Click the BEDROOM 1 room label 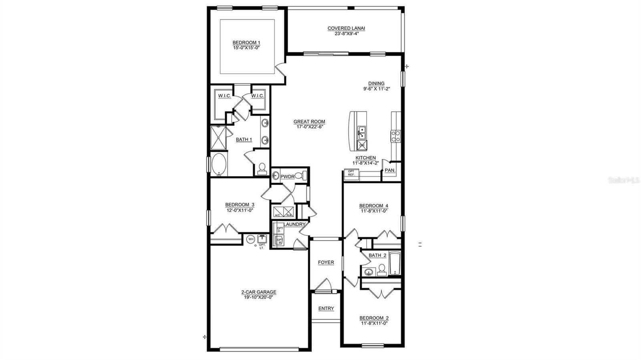pyautogui.click(x=247, y=42)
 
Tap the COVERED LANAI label pyautogui.click(x=346, y=28)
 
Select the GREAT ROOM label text pyautogui.click(x=309, y=122)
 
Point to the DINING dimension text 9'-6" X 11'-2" pyautogui.click(x=377, y=89)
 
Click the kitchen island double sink pyautogui.click(x=361, y=130)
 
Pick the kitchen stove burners pyautogui.click(x=395, y=136)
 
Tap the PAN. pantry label pyautogui.click(x=390, y=170)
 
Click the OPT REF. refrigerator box pyautogui.click(x=351, y=173)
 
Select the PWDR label pyautogui.click(x=288, y=177)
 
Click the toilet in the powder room pyautogui.click(x=304, y=175)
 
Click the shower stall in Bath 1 pyautogui.click(x=218, y=137)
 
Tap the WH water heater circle pyautogui.click(x=251, y=239)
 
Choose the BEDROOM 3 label pyautogui.click(x=240, y=205)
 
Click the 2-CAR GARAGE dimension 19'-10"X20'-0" pyautogui.click(x=258, y=298)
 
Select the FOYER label pyautogui.click(x=326, y=262)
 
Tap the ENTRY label pyautogui.click(x=326, y=308)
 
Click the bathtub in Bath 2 pyautogui.click(x=395, y=263)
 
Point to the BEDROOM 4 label pyautogui.click(x=373, y=206)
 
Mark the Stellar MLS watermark pyautogui.click(x=624, y=181)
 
